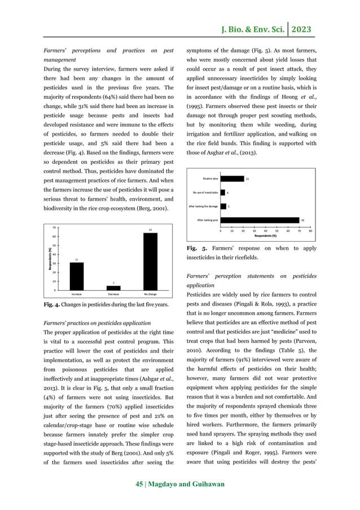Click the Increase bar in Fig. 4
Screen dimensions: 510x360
tap(76, 276)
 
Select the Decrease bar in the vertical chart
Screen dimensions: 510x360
tap(113, 288)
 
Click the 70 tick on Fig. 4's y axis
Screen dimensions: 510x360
tap(54, 228)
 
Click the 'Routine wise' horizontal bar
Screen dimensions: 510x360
tap(232, 178)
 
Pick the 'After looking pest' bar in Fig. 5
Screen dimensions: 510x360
tap(259, 220)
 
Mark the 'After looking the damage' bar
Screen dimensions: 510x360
tap(223, 206)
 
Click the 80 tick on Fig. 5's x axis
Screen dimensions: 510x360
tap(311, 230)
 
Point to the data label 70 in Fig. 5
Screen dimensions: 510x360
tap(303, 220)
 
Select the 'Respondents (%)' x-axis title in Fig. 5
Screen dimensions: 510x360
tap(265, 235)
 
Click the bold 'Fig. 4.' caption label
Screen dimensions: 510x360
tap(53, 305)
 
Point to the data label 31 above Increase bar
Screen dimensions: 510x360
tap(76, 259)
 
